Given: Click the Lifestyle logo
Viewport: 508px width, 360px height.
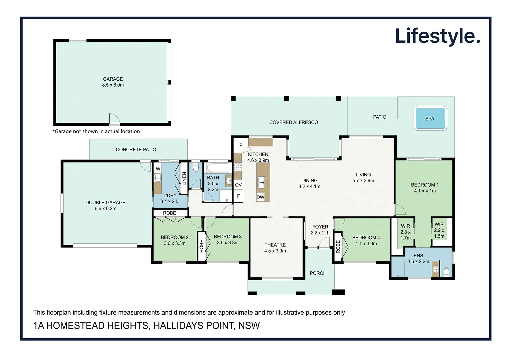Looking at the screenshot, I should (437, 36).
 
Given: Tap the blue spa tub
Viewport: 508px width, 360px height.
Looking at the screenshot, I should (430, 118).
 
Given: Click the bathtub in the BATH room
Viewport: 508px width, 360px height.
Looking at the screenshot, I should (217, 167).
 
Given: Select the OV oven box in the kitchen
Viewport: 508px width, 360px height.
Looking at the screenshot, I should (238, 185).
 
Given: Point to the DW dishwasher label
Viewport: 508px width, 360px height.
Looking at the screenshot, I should (260, 197).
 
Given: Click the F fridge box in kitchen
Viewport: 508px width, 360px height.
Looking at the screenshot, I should (238, 196).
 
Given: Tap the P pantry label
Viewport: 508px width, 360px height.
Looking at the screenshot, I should (241, 145).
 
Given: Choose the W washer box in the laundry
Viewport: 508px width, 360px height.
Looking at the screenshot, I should (158, 169).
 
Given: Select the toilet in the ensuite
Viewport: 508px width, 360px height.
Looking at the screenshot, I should (447, 272).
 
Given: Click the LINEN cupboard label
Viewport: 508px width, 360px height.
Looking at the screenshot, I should (184, 178).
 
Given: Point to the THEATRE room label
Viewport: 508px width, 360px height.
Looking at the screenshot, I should (275, 245).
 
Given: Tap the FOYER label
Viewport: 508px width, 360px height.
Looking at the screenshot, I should (320, 227).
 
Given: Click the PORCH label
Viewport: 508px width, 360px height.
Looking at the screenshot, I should (318, 273).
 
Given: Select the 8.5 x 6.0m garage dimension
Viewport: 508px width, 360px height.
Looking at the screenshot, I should (113, 85).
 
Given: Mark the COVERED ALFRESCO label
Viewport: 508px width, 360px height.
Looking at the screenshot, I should (293, 122).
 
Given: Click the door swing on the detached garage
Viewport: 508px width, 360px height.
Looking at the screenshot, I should (114, 119).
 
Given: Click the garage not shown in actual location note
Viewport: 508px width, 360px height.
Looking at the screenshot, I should (96, 131).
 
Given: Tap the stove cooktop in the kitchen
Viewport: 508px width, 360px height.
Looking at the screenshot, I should (237, 167).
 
